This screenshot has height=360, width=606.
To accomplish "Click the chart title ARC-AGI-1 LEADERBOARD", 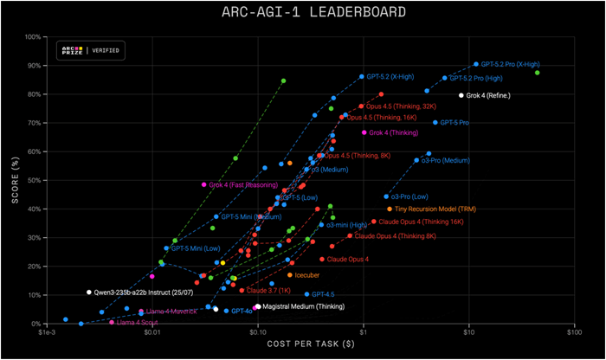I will (302, 12).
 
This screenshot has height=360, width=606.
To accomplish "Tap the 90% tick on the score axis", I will (35, 66).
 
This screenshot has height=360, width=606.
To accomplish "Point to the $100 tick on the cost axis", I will (572, 332).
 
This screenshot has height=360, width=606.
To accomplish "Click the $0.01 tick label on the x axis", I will (152, 332).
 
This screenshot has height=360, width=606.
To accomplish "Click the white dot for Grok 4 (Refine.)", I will (461, 95).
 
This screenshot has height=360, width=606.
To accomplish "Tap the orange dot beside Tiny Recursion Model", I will (390, 209).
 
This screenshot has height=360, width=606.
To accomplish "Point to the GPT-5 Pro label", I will (455, 123).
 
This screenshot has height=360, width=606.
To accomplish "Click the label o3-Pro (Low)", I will (409, 196).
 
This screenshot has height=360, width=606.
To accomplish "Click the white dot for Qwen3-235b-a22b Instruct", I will (89, 292).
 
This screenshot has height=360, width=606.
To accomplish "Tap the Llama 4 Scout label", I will (137, 322).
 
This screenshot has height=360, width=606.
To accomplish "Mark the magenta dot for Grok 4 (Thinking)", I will (364, 132).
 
